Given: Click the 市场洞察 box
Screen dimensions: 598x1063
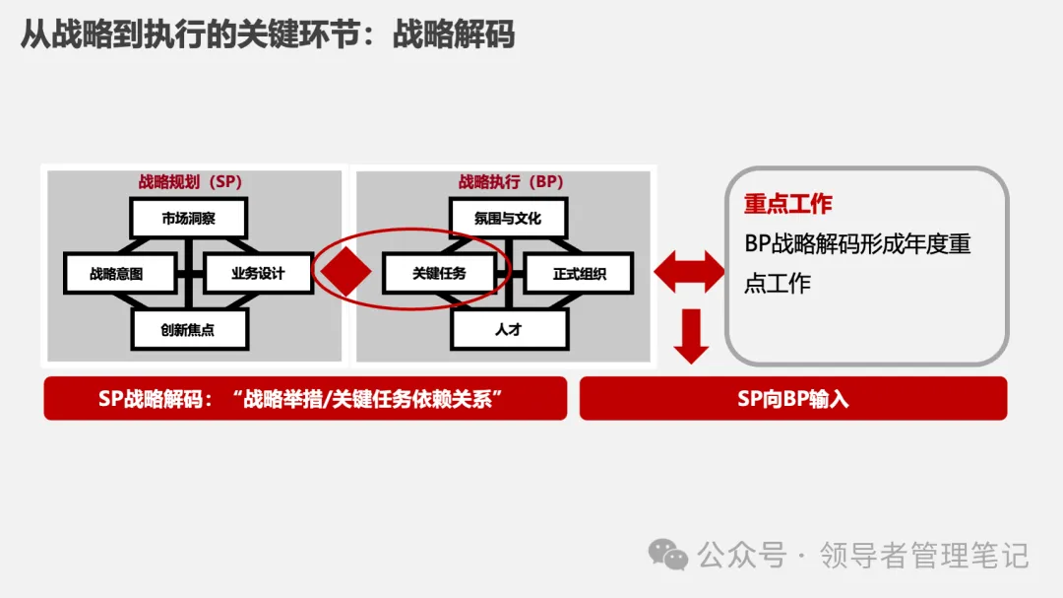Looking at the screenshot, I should pos(188,218).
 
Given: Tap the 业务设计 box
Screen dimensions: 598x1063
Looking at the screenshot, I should pos(258,274).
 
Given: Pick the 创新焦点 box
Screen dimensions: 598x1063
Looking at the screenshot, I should pos(188,330).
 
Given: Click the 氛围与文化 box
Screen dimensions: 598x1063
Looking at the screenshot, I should pos(508,218).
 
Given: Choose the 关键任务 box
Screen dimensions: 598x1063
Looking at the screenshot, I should pos(439,274).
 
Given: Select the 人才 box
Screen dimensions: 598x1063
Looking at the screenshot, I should pos(508,330).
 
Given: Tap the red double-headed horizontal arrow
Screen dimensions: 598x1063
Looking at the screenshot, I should pos(689,272).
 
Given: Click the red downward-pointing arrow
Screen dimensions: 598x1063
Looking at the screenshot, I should pos(691,336).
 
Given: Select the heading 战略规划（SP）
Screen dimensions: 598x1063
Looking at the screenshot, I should pos(190,182).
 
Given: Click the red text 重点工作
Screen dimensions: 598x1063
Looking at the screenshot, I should pos(787,204).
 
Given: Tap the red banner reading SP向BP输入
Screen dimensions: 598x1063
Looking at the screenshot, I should pos(793,398).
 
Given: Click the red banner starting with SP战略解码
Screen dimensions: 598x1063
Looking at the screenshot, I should pos(305,398).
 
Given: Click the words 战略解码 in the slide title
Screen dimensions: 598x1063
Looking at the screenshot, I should pos(454,34).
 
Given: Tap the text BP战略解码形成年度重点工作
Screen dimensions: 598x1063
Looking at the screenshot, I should pos(857,263).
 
